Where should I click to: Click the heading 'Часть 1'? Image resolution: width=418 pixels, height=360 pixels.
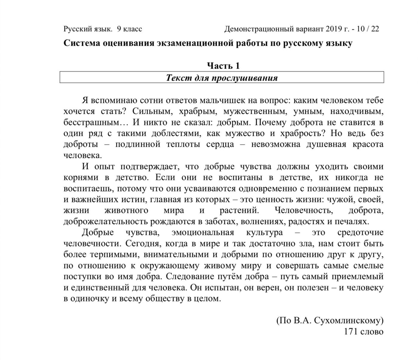click(223, 66)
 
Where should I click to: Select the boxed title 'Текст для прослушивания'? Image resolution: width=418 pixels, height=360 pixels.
click(222, 78)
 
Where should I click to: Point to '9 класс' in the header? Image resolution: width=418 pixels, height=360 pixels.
click(129, 29)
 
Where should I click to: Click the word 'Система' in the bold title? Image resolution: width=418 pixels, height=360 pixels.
click(82, 43)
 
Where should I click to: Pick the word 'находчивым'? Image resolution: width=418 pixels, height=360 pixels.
click(356, 112)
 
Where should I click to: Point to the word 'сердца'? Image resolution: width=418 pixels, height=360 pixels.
click(220, 144)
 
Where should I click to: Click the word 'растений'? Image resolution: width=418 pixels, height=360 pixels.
click(239, 210)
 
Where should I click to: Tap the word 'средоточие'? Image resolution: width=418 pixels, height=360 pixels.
click(360, 233)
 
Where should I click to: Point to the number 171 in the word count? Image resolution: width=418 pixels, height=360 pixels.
click(350, 331)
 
